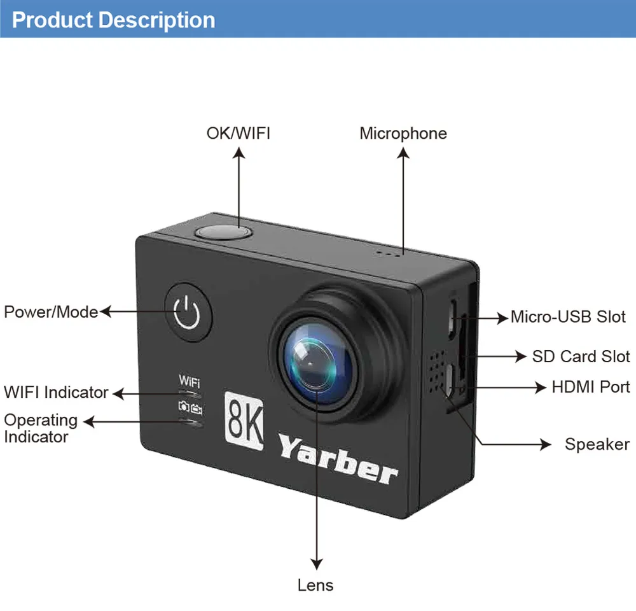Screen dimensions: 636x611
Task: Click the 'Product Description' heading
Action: pyautogui.click(x=113, y=20)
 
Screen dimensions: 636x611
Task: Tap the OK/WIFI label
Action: pyautogui.click(x=238, y=133)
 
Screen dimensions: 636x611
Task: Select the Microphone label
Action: pyautogui.click(x=403, y=133)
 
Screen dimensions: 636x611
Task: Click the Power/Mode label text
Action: pyautogui.click(x=51, y=312)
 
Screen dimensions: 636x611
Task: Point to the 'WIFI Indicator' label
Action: pyautogui.click(x=56, y=392)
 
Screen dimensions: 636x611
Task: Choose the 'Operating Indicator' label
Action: pyautogui.click(x=41, y=428)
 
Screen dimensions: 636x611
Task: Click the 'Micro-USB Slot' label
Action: pyautogui.click(x=568, y=316)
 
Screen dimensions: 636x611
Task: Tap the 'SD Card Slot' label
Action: pyautogui.click(x=581, y=356)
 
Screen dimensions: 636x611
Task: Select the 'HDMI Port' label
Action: pyautogui.click(x=591, y=387)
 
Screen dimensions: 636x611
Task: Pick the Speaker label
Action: pyautogui.click(x=597, y=444)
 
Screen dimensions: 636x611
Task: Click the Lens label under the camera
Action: pyautogui.click(x=315, y=585)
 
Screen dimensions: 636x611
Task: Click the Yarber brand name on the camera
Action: pyautogui.click(x=338, y=459)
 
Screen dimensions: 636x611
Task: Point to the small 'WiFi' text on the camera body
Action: pyautogui.click(x=190, y=382)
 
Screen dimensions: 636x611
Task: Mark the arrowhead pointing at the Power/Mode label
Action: pyautogui.click(x=105, y=312)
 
